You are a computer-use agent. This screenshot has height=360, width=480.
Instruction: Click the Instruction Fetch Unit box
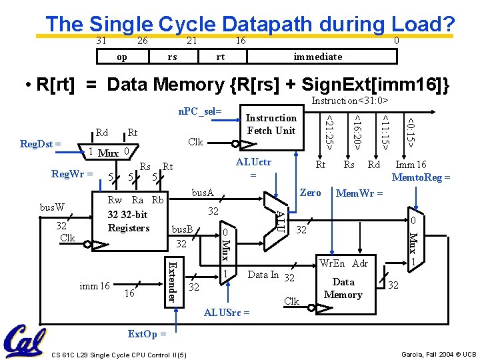(x=271, y=125)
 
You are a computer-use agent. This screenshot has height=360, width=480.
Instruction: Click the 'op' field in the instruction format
(x=122, y=57)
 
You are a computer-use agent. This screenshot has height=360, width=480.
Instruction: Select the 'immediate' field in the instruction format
(x=318, y=57)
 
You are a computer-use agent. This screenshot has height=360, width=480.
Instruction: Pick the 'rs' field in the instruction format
(x=172, y=57)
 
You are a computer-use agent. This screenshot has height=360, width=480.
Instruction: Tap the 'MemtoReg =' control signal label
(x=421, y=177)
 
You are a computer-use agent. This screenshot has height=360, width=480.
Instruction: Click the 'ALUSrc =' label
(x=227, y=312)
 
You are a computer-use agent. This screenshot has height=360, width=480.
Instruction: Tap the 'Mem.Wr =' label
(x=359, y=193)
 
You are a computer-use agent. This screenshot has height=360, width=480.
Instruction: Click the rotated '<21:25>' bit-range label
(x=328, y=131)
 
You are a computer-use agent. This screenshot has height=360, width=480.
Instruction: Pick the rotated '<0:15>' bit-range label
(x=411, y=131)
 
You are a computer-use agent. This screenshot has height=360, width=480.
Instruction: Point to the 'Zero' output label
(x=311, y=192)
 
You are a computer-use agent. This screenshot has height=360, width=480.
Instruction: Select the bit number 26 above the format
(x=142, y=41)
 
